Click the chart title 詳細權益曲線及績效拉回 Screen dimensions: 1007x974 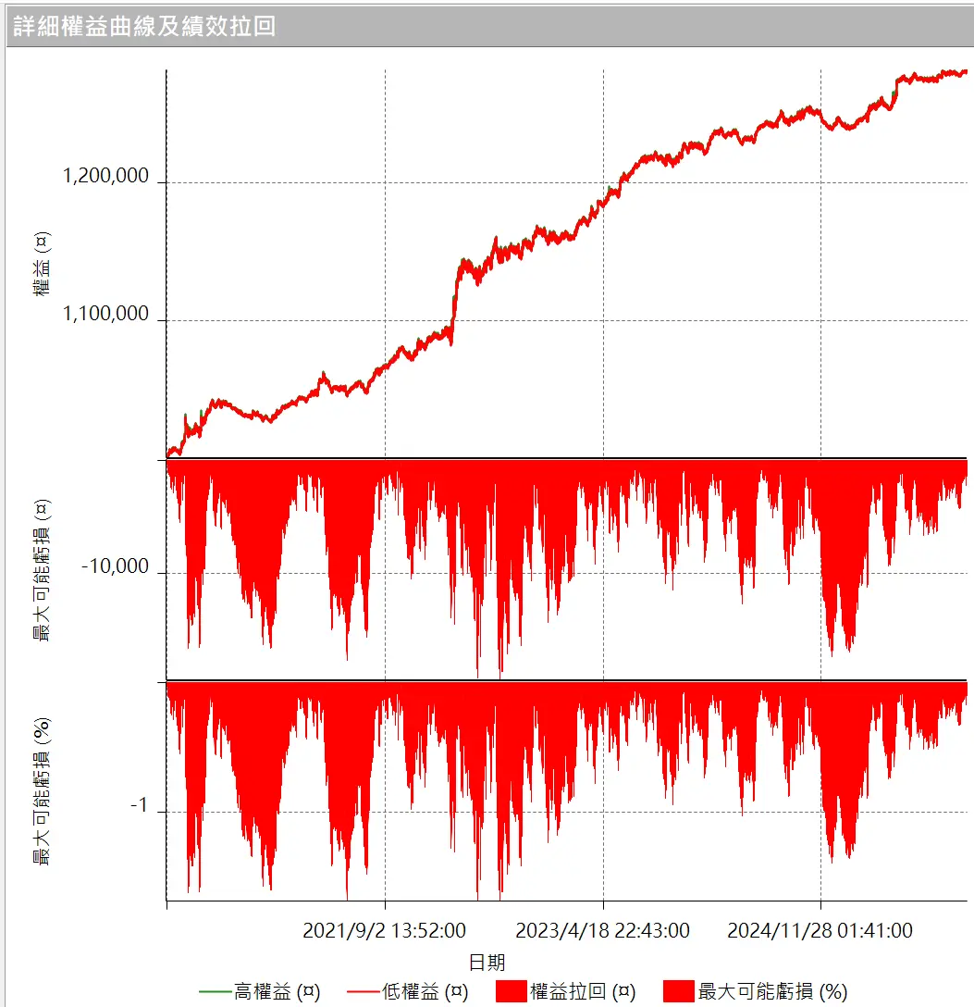pos(144,26)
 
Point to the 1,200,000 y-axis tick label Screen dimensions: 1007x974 pos(105,176)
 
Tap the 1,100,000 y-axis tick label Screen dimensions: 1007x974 pos(105,314)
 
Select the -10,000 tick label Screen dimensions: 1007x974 pos(115,566)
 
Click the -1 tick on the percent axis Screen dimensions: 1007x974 pos(139,806)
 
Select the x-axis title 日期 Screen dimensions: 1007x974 pos(487,962)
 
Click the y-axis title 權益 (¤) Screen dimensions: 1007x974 pos(42,264)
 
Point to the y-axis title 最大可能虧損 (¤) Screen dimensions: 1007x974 pos(42,570)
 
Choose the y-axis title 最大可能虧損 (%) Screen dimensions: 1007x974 pos(42,792)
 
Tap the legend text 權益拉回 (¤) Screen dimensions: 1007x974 pos(583,992)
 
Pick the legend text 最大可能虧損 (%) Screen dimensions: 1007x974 pos(772,992)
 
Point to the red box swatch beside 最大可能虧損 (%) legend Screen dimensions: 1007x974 pos(679,992)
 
